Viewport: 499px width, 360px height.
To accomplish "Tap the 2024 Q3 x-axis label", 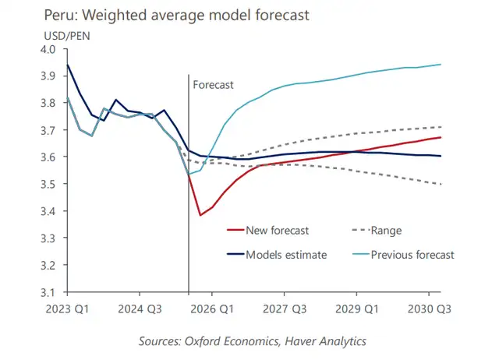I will (x=140, y=308).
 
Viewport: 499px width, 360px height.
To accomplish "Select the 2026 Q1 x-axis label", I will (x=212, y=308).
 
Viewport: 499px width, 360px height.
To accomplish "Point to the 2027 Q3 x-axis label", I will (x=285, y=308).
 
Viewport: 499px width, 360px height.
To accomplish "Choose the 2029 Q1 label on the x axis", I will (x=357, y=308).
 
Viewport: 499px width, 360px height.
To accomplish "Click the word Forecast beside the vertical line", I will (x=213, y=84).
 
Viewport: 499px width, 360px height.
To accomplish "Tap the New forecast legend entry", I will (x=273, y=230).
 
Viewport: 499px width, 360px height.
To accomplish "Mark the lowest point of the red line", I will (x=200, y=215).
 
